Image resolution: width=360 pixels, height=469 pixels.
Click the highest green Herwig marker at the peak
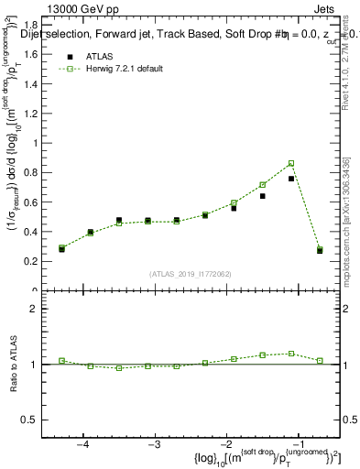coord(291,163)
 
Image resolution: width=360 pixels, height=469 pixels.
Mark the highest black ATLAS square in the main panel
coord(291,179)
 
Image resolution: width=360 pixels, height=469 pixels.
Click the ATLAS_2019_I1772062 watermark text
coord(191,273)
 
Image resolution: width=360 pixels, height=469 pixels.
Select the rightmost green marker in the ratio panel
coord(320,360)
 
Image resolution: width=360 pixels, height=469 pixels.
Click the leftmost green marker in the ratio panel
coord(62,361)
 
